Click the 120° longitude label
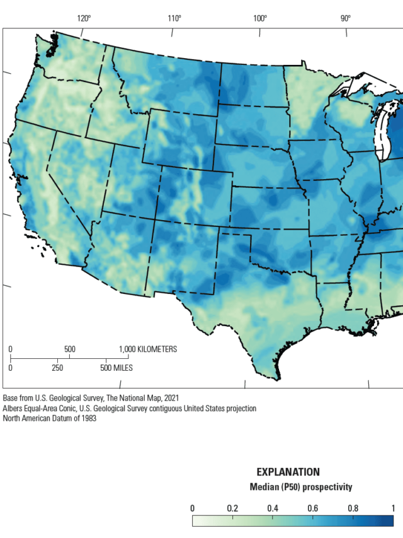[85, 18]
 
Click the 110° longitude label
[174, 18]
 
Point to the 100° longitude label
[260, 18]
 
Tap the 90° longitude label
[346, 18]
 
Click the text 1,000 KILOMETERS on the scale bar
[148, 349]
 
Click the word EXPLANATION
[288, 472]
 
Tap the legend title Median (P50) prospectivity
[301, 487]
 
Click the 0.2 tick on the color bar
[232, 508]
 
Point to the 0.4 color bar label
[273, 508]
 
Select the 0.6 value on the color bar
[313, 508]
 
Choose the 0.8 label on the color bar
[353, 508]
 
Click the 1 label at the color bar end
[393, 508]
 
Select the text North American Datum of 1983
[50, 418]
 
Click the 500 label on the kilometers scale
[69, 349]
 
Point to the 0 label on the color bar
[192, 508]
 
